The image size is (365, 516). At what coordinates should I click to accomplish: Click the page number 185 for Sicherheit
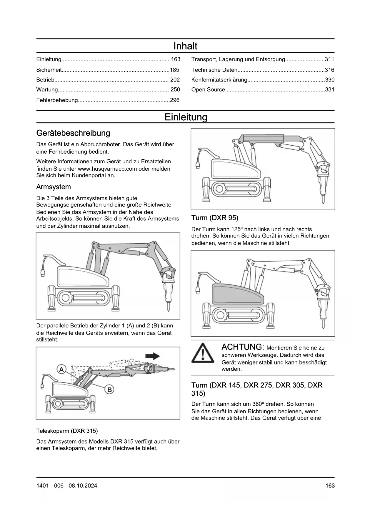pyautogui.click(x=174, y=70)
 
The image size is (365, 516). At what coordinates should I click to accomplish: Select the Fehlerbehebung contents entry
pyautogui.click(x=57, y=100)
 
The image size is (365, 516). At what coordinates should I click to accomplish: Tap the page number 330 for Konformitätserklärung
pyautogui.click(x=330, y=80)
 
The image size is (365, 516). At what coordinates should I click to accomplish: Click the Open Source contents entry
pyautogui.click(x=208, y=90)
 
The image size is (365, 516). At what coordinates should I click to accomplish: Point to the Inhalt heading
pyautogui.click(x=185, y=46)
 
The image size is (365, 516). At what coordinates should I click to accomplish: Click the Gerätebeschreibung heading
pyautogui.click(x=73, y=133)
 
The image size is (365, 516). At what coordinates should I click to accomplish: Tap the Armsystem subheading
pyautogui.click(x=53, y=187)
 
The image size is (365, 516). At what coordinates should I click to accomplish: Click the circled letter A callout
pyautogui.click(x=61, y=369)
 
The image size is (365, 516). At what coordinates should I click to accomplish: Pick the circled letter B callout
pyautogui.click(x=109, y=390)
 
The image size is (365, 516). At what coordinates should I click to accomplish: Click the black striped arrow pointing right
pyautogui.click(x=152, y=356)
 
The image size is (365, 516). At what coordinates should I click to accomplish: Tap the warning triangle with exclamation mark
pyautogui.click(x=203, y=353)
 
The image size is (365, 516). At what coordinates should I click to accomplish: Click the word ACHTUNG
pyautogui.click(x=241, y=347)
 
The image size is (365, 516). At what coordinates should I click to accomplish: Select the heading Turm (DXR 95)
pyautogui.click(x=215, y=218)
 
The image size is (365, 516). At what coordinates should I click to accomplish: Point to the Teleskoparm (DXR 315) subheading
pyautogui.click(x=67, y=431)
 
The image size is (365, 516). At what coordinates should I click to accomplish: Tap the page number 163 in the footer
pyautogui.click(x=330, y=486)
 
